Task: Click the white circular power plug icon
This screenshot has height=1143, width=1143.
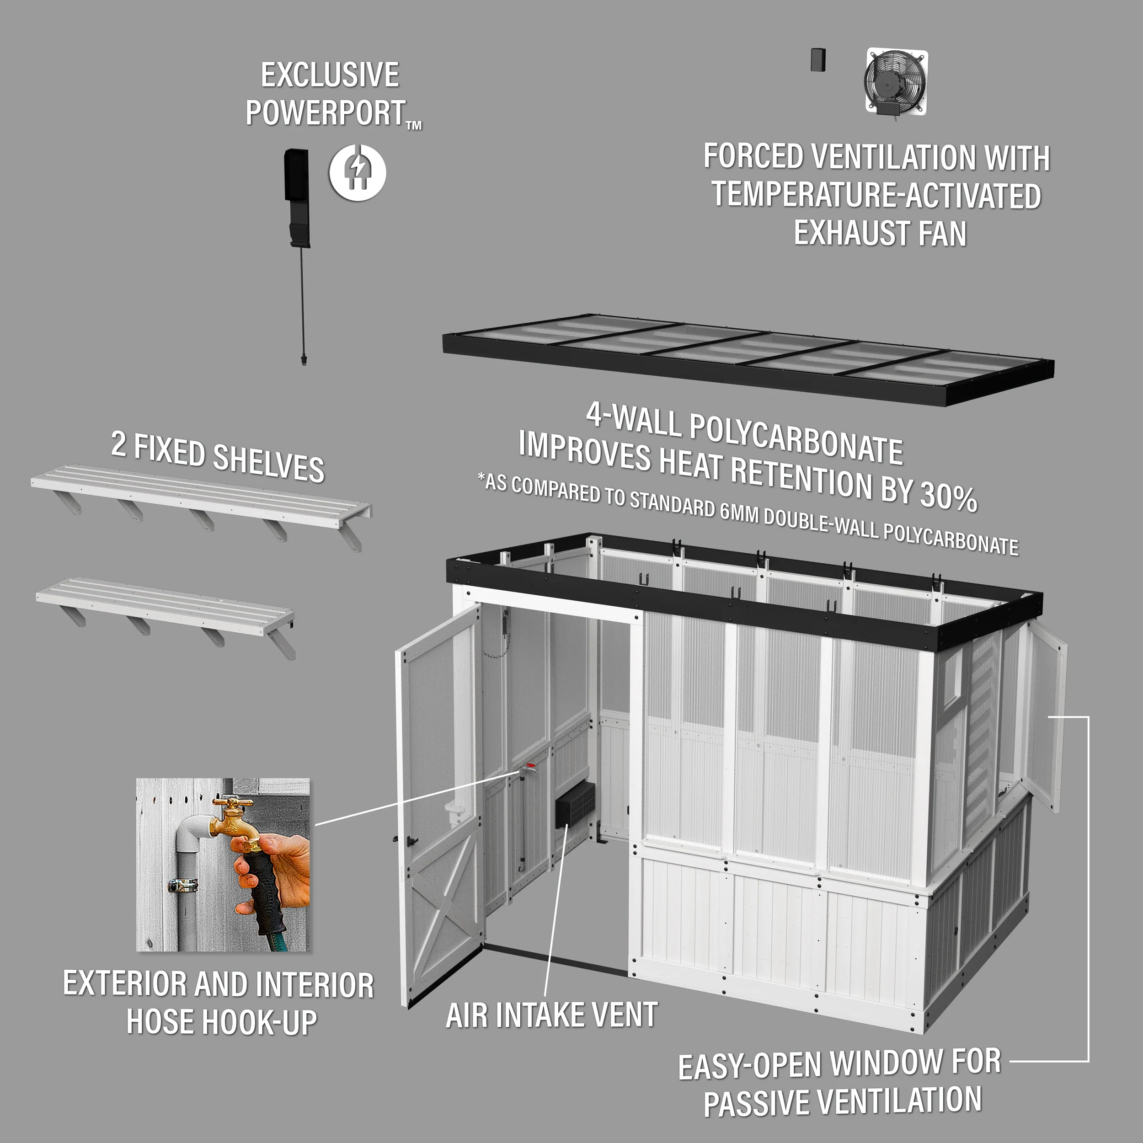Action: pyautogui.click(x=358, y=172)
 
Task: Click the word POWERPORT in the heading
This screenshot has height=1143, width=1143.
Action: pyautogui.click(x=326, y=112)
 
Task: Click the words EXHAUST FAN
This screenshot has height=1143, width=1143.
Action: pyautogui.click(x=880, y=233)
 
